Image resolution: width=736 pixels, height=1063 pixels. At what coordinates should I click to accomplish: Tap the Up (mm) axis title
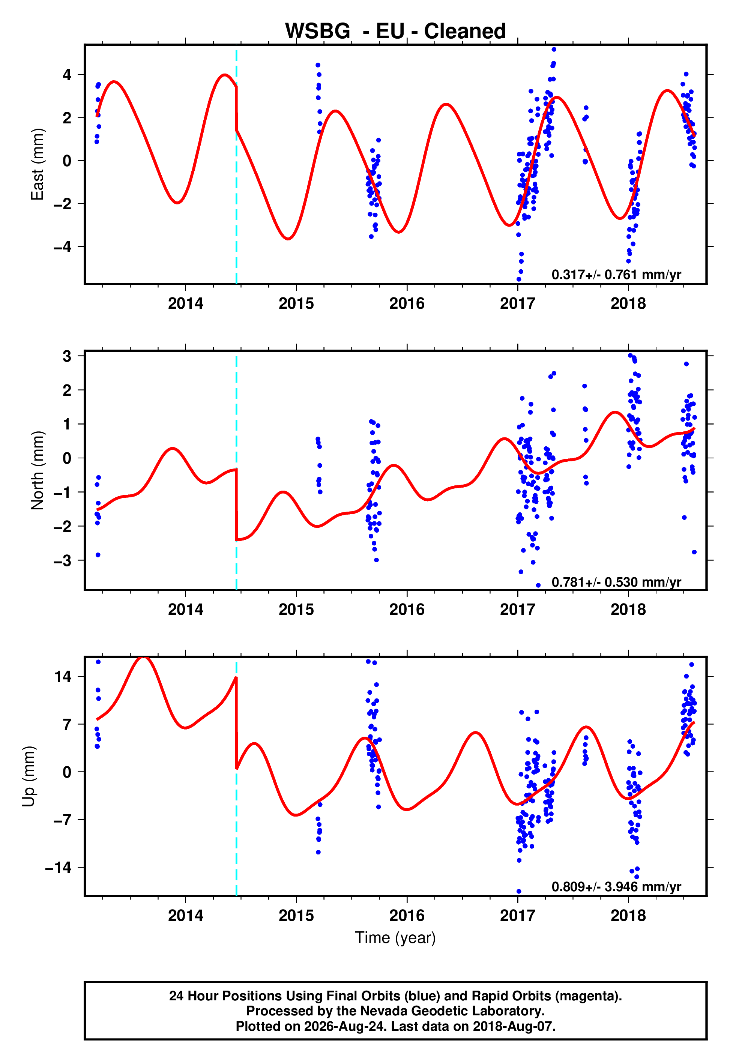coord(29,776)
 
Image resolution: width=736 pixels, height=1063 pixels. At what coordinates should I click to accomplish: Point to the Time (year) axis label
coord(395,938)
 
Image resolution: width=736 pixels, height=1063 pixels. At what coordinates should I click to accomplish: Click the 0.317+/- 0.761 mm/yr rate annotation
coord(616,274)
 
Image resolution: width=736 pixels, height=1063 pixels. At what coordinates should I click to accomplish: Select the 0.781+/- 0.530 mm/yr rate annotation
coord(616,582)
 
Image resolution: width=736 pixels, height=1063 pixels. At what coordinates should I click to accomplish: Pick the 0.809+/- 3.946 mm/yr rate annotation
coord(616,886)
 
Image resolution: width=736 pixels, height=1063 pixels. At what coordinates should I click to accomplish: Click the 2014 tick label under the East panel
coord(185,303)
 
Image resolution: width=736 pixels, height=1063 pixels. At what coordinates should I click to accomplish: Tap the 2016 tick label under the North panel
coord(407,610)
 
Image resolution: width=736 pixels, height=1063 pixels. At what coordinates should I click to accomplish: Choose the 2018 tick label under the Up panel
coord(628,916)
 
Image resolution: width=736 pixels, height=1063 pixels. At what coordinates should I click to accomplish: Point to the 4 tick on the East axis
coord(67,75)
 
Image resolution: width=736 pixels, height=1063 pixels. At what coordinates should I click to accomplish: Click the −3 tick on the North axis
coord(63,560)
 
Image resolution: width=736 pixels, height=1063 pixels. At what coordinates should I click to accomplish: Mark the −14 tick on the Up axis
coord(58,868)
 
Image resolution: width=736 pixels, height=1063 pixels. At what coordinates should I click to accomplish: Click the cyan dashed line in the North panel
coord(236,470)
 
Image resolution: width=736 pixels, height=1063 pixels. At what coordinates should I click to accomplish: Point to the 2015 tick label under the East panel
coord(296,303)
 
